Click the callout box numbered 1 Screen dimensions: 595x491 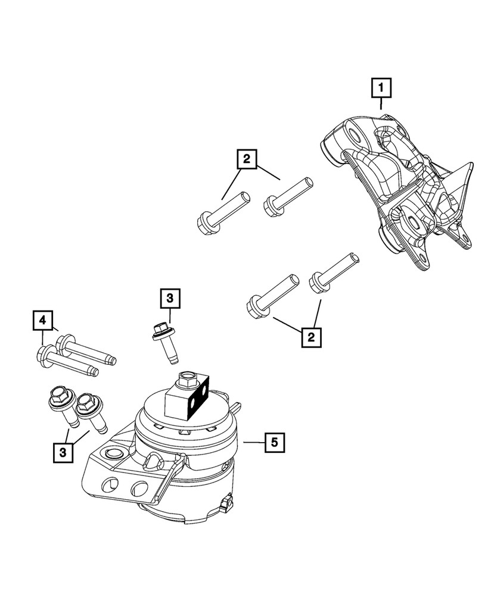(x=381, y=89)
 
